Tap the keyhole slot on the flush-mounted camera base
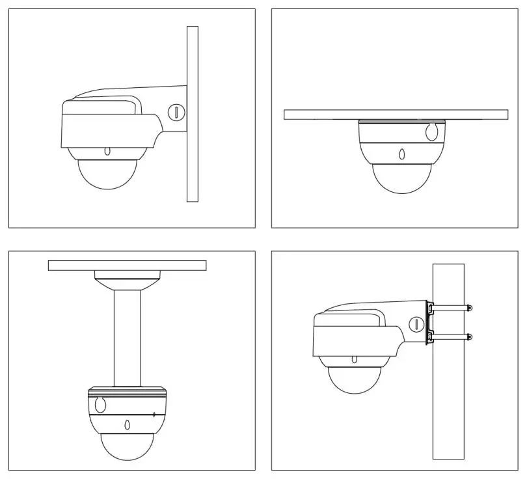point(430,132)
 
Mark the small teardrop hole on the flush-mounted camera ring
point(401,155)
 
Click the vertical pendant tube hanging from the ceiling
point(128,338)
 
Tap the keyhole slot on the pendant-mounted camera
point(100,405)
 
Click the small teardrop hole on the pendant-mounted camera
point(127,426)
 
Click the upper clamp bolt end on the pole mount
point(470,307)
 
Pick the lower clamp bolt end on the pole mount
point(470,336)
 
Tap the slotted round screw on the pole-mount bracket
point(414,323)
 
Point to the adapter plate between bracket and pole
point(429,322)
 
